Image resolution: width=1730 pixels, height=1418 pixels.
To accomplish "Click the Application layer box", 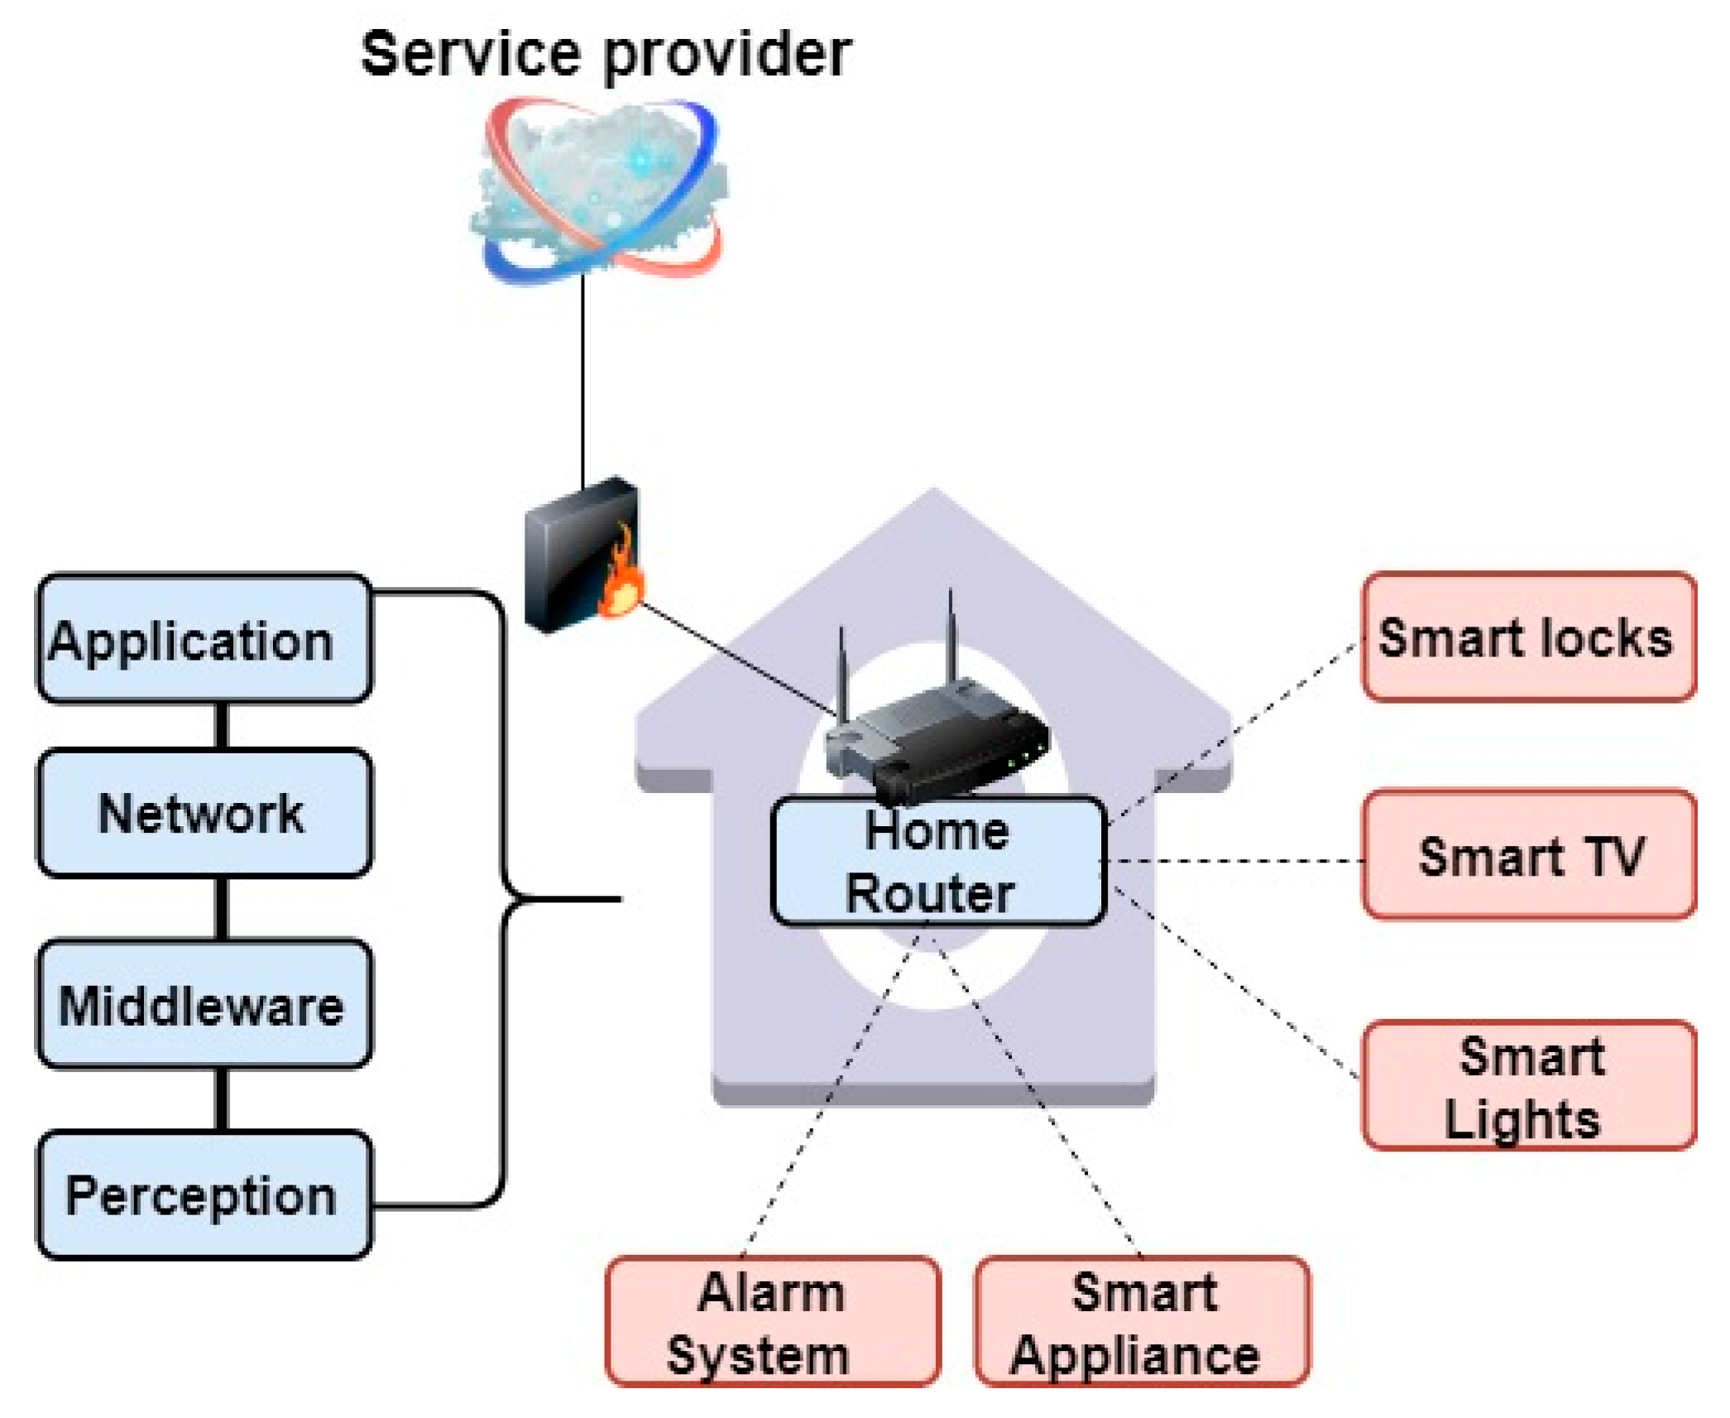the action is tap(204, 638).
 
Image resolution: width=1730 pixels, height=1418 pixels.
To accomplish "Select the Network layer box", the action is tap(204, 813).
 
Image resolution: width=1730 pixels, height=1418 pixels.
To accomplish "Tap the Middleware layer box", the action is tap(204, 1003).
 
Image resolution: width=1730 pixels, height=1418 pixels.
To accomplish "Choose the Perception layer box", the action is tap(204, 1194).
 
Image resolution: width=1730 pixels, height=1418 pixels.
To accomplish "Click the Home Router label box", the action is tap(938, 861).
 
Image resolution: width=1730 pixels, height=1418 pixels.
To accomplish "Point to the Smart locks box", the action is tap(1530, 637).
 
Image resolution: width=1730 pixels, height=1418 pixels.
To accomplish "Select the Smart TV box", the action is tap(1530, 854).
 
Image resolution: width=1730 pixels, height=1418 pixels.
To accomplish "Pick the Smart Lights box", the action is tap(1530, 1085).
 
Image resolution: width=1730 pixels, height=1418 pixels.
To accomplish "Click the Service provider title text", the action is tap(606, 55).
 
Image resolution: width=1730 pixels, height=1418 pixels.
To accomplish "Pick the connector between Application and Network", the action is tap(221, 726).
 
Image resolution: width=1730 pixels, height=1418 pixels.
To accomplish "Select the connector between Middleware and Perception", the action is tap(221, 1099).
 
